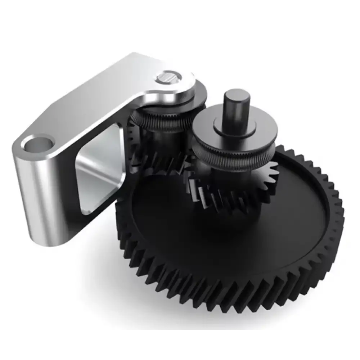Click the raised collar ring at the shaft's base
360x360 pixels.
[234, 126]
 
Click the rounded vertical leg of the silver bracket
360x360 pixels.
[36, 194]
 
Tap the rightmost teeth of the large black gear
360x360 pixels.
[338, 216]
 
